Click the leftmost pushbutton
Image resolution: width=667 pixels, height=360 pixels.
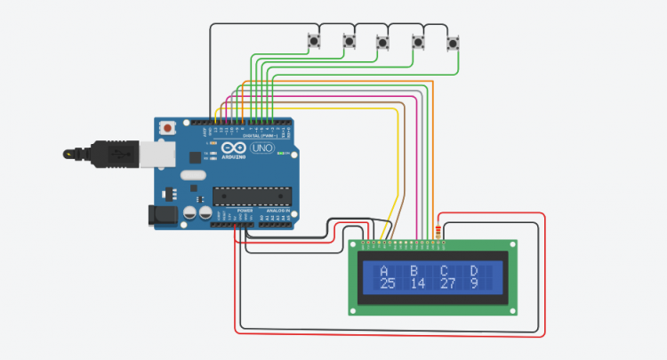(x=314, y=40)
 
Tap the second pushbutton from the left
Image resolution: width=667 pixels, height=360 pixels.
(x=350, y=41)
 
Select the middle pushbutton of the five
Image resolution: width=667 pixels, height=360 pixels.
(x=383, y=41)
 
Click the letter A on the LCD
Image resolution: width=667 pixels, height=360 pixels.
(x=384, y=271)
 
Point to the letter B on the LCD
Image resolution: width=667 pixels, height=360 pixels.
(x=414, y=271)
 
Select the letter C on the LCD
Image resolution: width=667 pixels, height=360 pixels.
(x=444, y=271)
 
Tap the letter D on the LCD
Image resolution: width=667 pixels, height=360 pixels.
(x=474, y=271)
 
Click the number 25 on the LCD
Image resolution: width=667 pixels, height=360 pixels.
(x=387, y=284)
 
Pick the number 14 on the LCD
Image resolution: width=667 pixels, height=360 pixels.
(x=417, y=284)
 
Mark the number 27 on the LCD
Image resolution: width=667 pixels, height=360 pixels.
(x=447, y=284)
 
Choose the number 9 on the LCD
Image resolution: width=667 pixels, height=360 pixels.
(x=474, y=284)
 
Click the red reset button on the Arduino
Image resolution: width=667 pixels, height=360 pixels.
(x=166, y=130)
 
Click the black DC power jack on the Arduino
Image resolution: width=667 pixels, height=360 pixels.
(x=160, y=213)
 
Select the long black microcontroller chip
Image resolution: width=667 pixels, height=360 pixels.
(x=251, y=195)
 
